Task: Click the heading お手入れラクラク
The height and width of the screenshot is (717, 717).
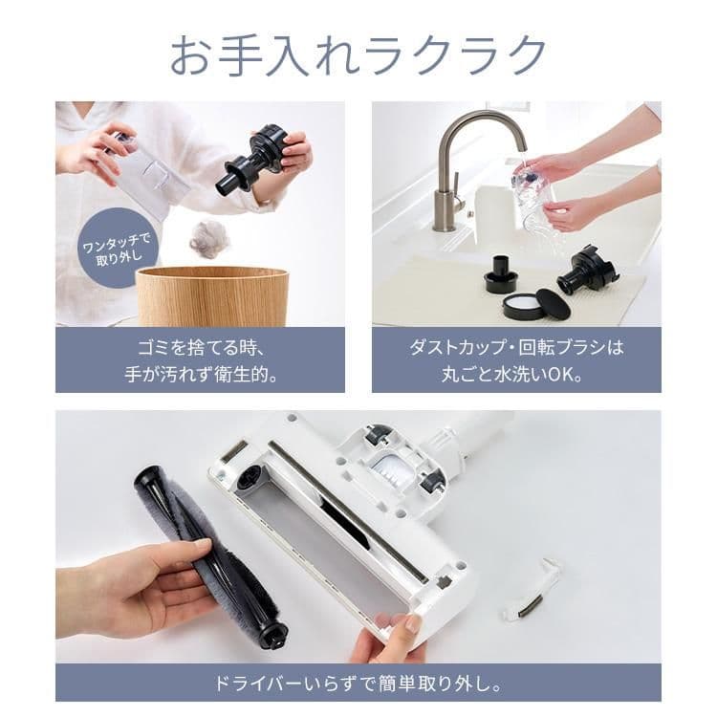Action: [358, 55]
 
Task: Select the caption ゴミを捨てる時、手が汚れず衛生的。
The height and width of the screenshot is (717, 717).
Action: [200, 359]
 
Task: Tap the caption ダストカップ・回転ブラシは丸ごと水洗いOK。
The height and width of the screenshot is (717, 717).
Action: [516, 359]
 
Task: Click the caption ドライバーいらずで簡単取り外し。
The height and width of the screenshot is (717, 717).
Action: [358, 684]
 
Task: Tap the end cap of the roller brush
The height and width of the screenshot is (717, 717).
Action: [272, 634]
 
